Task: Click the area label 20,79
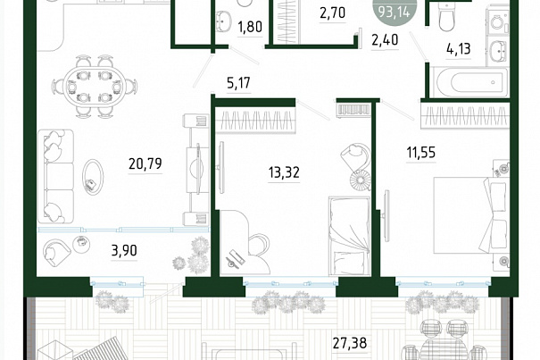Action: click(x=145, y=163)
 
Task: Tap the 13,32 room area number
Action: click(x=284, y=172)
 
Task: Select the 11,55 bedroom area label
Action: click(x=420, y=152)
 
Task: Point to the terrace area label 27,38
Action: click(x=350, y=343)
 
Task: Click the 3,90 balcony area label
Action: click(x=124, y=251)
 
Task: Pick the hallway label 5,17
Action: click(x=238, y=83)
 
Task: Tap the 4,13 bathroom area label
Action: click(x=459, y=49)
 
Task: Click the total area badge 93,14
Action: click(x=394, y=13)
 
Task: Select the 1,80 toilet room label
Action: click(x=250, y=27)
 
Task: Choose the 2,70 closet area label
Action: click(x=332, y=13)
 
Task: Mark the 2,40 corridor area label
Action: click(x=385, y=40)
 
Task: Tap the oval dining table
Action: click(x=94, y=87)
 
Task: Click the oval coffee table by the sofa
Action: click(x=93, y=177)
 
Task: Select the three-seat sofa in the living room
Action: click(x=56, y=176)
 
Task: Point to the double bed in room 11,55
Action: click(x=470, y=215)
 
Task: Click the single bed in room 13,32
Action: click(x=349, y=236)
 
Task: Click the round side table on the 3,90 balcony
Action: click(x=81, y=245)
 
